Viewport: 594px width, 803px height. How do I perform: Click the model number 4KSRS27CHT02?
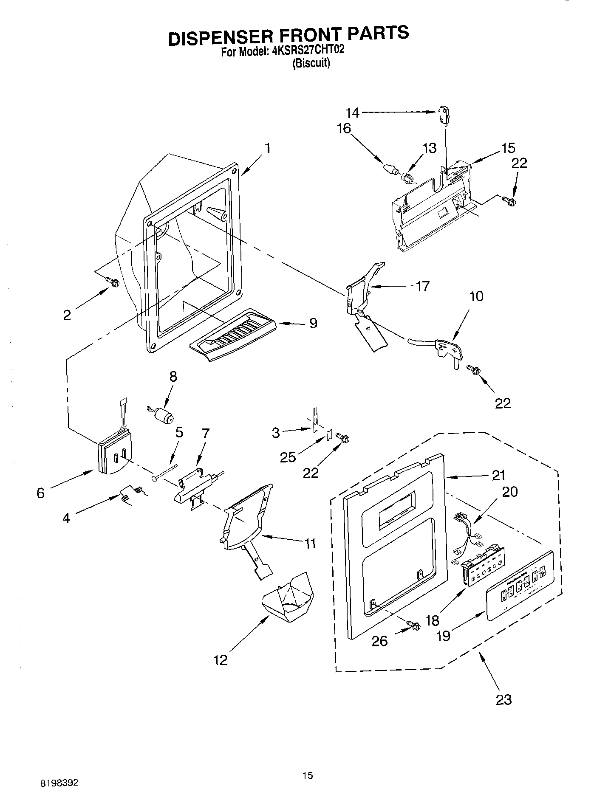click(308, 51)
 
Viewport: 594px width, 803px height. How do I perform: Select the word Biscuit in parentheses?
click(311, 63)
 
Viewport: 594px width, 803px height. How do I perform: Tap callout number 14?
click(352, 113)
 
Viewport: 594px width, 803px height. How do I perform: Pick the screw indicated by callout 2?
click(113, 282)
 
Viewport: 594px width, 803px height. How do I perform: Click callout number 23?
click(503, 699)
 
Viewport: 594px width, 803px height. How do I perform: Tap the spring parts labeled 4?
click(131, 494)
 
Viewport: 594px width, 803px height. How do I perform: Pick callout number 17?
click(422, 286)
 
